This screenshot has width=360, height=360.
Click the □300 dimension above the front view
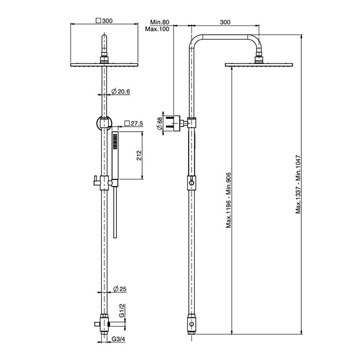(104, 21)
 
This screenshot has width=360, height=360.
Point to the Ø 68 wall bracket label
(160, 123)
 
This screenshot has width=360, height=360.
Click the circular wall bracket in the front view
(104, 123)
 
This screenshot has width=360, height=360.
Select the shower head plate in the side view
(259, 64)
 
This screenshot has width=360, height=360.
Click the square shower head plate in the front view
(104, 64)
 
